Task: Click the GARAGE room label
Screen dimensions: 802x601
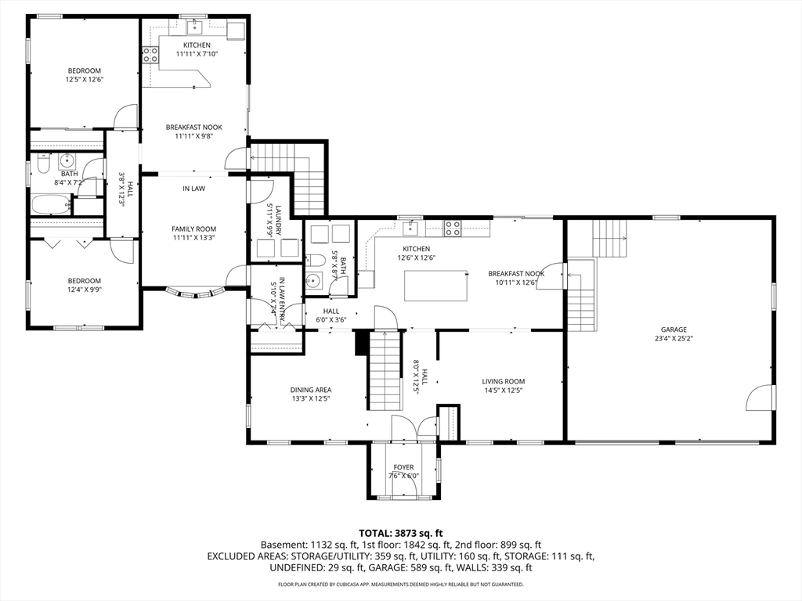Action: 674,329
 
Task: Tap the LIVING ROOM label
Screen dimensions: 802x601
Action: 504,381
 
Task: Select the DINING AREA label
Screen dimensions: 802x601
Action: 311,390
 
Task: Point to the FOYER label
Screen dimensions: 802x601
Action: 403,467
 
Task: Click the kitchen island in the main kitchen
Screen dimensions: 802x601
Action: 436,286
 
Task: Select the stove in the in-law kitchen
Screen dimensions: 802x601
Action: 150,55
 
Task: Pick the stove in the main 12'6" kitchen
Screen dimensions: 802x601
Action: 452,228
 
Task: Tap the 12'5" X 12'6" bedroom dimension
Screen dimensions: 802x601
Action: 85,80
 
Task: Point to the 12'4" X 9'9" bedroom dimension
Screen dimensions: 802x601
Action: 85,290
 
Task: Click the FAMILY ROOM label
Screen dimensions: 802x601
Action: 194,229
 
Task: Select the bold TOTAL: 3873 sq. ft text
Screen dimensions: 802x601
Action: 400,534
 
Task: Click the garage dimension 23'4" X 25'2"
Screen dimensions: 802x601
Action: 674,338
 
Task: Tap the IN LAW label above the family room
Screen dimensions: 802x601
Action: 194,189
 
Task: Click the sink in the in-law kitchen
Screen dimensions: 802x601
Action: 195,26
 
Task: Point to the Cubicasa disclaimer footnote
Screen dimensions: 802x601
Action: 400,584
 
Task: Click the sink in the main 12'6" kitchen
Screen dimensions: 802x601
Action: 410,228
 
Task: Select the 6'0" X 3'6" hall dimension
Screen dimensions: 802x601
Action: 331,320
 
